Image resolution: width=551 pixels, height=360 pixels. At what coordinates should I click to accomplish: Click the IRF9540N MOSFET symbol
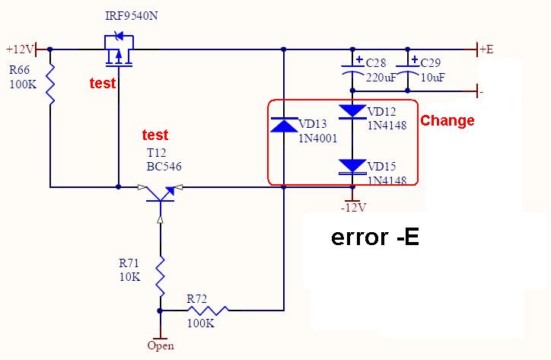pos(119,53)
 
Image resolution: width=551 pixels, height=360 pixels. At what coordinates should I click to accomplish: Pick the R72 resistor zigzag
pos(207,311)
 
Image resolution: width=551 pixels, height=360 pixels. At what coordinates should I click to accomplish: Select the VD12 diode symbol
pos(352,112)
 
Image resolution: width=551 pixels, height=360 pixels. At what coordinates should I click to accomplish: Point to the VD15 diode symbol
pos(352,166)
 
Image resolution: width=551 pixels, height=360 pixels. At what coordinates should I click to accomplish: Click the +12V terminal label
pos(19,49)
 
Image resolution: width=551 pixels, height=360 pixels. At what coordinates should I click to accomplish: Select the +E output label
pos(486,49)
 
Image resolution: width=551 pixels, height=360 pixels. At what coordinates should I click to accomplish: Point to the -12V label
pos(353,207)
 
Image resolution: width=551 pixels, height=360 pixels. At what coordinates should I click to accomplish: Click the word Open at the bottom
pos(161,346)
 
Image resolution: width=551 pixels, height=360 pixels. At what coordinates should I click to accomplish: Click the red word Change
pos(447,120)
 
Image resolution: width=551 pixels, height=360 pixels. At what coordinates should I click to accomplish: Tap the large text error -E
pos(375,237)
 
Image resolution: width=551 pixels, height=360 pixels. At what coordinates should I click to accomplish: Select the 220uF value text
pos(381,77)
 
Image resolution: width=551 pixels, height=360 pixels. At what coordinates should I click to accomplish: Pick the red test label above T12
pos(155,135)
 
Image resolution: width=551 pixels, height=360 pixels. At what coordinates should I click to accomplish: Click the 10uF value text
pos(432,77)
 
